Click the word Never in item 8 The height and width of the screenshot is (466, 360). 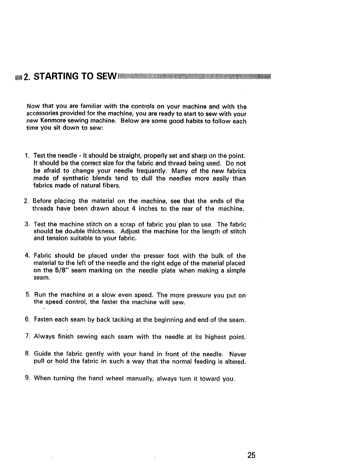pos(238,354)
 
